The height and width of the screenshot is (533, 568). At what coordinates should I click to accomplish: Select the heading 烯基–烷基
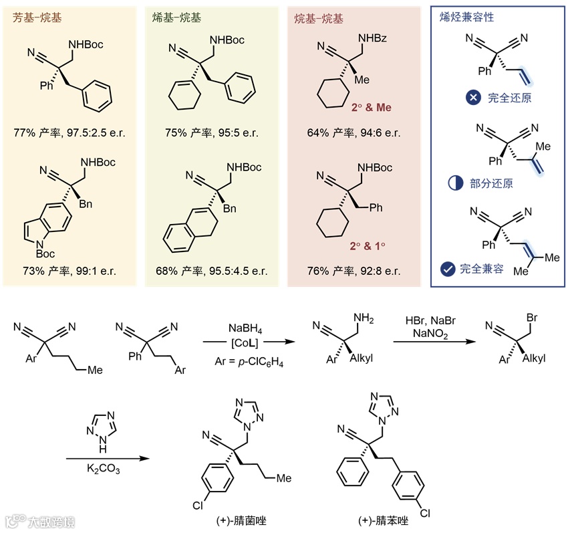(x=176, y=19)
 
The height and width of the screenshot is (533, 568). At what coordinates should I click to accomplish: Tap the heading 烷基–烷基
(x=319, y=19)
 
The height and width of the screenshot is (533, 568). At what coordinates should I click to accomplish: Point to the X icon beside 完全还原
(x=473, y=98)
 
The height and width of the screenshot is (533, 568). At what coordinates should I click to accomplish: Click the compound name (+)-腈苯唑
(x=382, y=518)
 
